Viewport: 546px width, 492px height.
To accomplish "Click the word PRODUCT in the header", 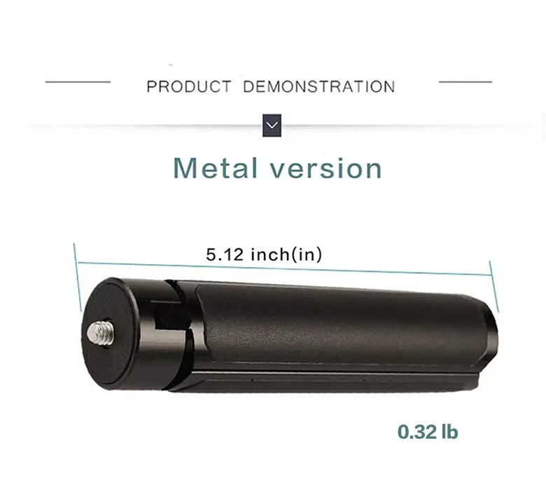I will [188, 87].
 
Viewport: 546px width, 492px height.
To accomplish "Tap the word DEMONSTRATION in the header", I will [318, 87].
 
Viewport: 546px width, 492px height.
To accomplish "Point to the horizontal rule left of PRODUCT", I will [78, 82].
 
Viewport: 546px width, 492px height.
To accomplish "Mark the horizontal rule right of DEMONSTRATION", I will [465, 82].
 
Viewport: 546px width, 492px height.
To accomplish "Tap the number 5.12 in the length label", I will [224, 254].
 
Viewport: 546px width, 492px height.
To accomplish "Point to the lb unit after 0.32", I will [449, 432].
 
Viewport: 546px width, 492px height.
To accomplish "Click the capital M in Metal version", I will [185, 168].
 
